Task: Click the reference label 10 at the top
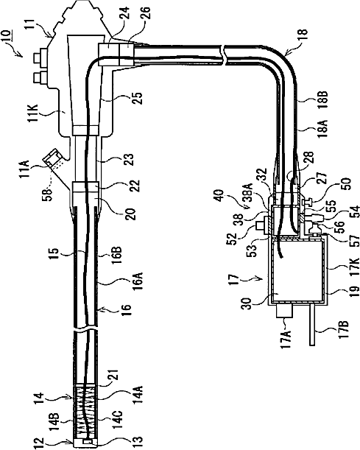pyautogui.click(x=9, y=36)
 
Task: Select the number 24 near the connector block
pyautogui.click(x=124, y=13)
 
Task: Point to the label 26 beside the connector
pyautogui.click(x=146, y=14)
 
